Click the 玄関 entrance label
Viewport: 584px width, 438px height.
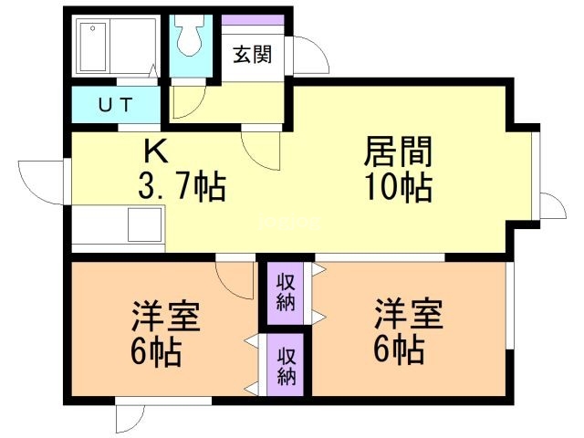coord(252,55)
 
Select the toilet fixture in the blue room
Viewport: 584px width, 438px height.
coord(191,38)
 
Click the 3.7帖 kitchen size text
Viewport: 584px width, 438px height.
coord(181,190)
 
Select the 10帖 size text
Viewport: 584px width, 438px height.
coord(398,188)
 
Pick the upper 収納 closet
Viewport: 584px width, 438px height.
coord(286,292)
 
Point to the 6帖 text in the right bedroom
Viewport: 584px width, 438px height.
coord(397,349)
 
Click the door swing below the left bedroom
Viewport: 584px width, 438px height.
coord(130,417)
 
